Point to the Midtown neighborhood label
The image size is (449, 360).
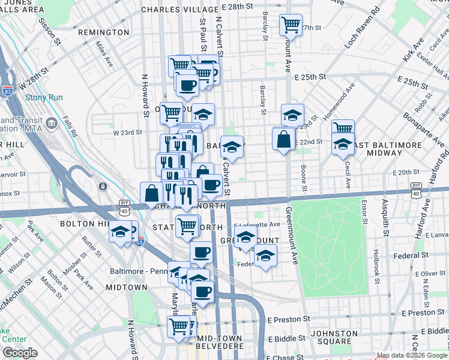coord(126,287)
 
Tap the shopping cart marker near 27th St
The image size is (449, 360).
coord(291,25)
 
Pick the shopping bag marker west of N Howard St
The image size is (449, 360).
coord(151,193)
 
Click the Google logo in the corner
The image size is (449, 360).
coord(20,353)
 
